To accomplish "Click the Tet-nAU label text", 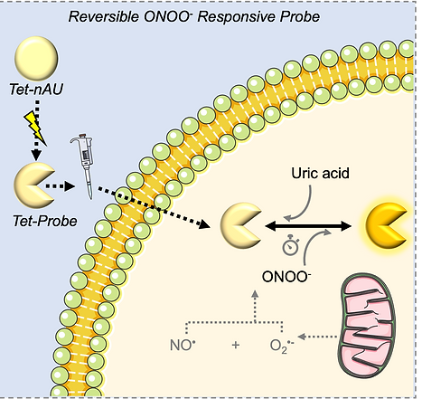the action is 36,90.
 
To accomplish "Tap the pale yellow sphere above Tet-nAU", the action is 36,59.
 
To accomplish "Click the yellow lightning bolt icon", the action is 35,127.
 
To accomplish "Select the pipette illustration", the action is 84,166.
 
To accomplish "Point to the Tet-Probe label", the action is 45,221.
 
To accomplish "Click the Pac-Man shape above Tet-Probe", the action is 33,185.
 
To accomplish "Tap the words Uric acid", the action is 320,173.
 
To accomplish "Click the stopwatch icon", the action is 291,245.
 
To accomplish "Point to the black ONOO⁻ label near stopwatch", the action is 286,277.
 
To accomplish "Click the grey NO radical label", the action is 183,345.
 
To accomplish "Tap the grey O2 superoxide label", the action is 282,346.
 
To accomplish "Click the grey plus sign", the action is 236,345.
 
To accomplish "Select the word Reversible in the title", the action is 103,16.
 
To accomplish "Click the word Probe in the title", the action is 299,16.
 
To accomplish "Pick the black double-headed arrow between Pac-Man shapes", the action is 308,226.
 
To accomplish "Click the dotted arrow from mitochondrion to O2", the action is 317,337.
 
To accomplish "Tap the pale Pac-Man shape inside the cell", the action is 239,226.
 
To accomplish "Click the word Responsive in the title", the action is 237,17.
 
